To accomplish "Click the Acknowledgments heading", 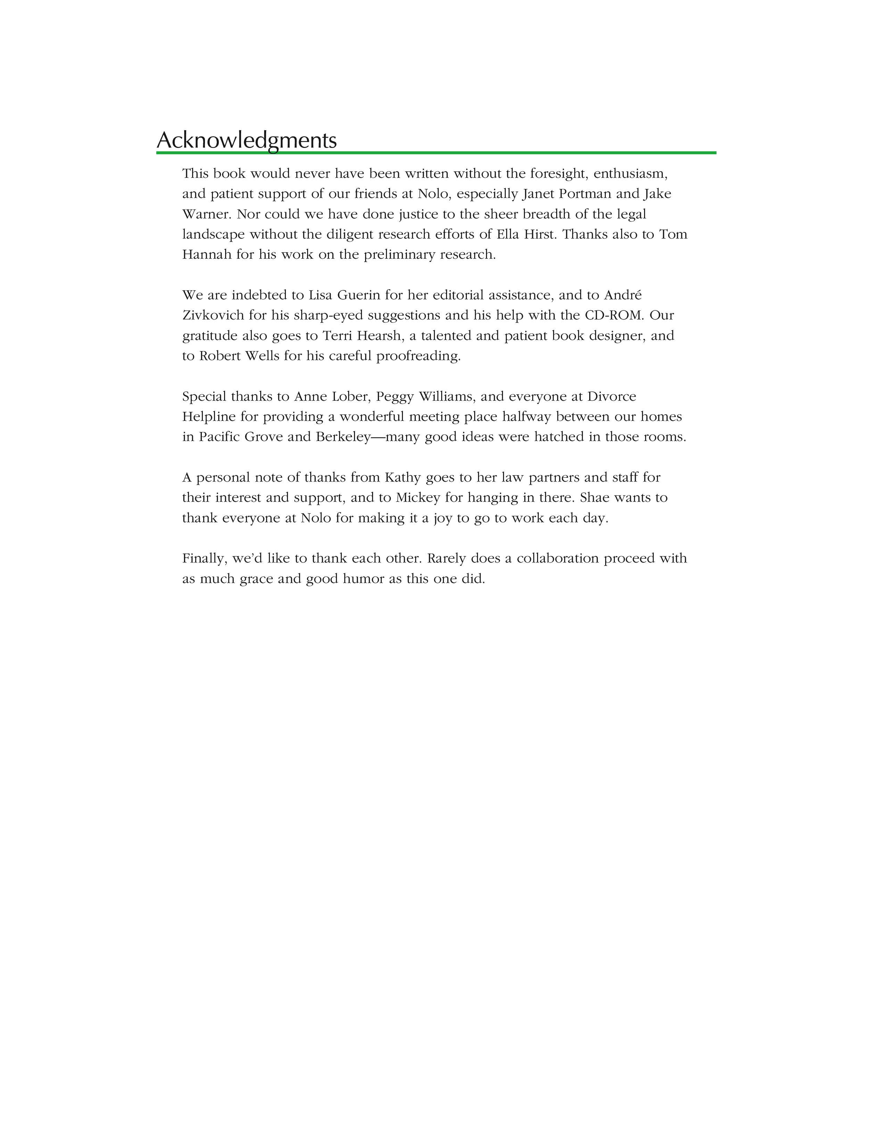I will click(x=247, y=140).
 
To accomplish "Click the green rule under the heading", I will click(x=436, y=152).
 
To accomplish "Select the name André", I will click(x=623, y=295).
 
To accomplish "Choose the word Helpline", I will click(x=209, y=417).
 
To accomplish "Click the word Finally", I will click(x=205, y=559).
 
